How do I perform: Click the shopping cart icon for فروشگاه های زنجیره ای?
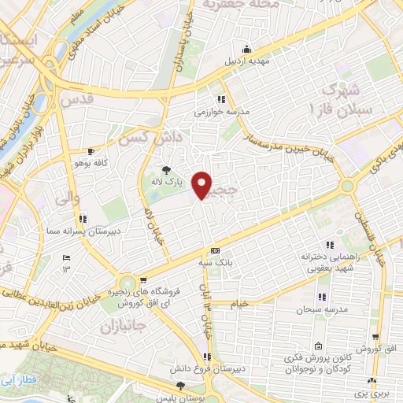pyautogui.click(x=142, y=279)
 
